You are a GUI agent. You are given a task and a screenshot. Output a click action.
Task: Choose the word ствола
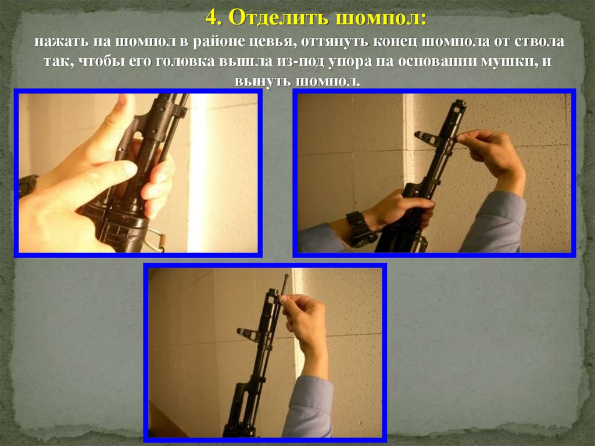click(x=540, y=42)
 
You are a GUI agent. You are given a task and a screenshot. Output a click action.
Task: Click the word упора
click(x=350, y=62)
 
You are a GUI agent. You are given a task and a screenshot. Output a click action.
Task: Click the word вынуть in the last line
click(x=262, y=81)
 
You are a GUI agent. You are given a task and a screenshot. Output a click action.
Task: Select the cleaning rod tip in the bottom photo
click(x=286, y=277)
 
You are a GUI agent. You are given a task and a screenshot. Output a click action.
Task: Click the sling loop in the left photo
click(x=156, y=240)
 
